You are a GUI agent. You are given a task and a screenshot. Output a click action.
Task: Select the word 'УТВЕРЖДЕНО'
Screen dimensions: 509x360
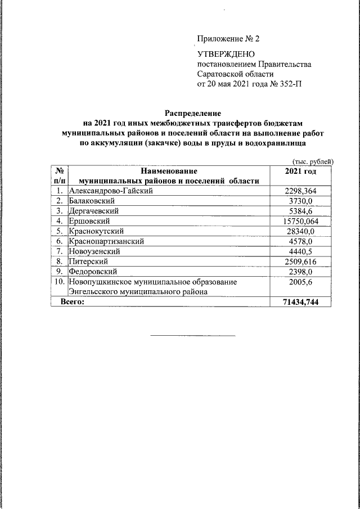point(226,55)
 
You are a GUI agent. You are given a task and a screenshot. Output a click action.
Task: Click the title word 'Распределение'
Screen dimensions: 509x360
point(193,112)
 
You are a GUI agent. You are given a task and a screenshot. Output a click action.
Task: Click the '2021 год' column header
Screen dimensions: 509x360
point(300,170)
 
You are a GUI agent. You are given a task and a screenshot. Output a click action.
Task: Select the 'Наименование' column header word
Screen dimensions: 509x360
point(169,170)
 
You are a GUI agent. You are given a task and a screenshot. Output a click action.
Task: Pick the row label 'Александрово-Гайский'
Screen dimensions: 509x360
point(110,191)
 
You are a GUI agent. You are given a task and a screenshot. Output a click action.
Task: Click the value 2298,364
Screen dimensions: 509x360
point(301,191)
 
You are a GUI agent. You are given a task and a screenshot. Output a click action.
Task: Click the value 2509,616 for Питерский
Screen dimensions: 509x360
point(301,262)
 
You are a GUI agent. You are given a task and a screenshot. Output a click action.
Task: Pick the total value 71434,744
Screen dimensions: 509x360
point(301,302)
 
